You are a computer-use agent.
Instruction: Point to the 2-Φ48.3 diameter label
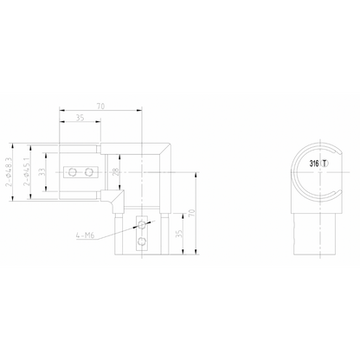pyautogui.click(x=11, y=172)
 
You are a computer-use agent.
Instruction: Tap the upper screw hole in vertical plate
pyautogui.click(x=142, y=222)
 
